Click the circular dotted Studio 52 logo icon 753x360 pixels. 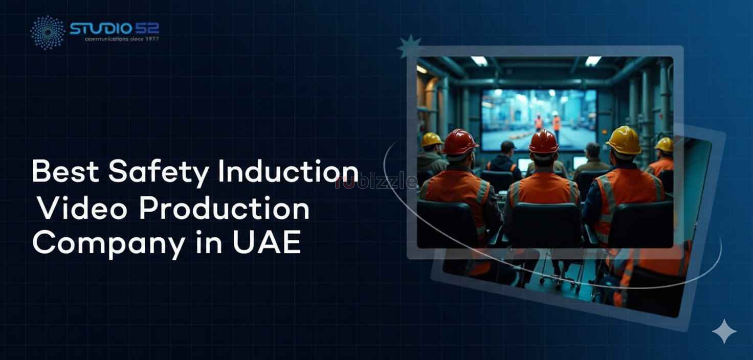coord(48,32)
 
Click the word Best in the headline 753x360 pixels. coord(65,172)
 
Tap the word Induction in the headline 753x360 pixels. coord(288,172)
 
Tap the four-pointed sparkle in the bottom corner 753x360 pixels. coord(724,331)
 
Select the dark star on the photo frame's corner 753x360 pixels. coord(409,47)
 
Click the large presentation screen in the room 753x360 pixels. coord(539,119)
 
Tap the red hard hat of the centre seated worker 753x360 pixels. coord(543,142)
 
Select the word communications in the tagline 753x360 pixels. coord(107,39)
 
